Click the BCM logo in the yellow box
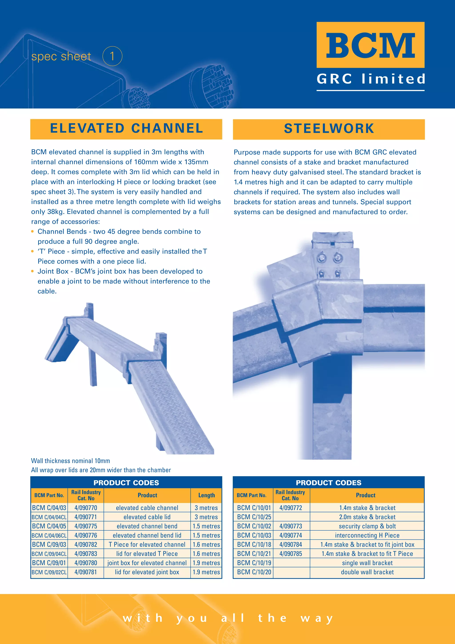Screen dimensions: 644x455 [x=370, y=45]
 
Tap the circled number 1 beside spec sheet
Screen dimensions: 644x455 [x=112, y=56]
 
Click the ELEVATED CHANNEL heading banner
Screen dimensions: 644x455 [x=126, y=129]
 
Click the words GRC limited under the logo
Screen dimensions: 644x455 [x=371, y=79]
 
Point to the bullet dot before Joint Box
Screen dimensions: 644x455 [x=32, y=271]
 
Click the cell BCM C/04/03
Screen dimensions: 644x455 [x=49, y=508]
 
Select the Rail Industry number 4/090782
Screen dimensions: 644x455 [x=86, y=544]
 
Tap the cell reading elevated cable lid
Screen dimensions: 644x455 [x=147, y=517]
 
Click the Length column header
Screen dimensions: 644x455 [x=206, y=495]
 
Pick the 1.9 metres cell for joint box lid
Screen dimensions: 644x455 [x=206, y=572]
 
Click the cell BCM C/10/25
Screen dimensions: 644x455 [x=254, y=517]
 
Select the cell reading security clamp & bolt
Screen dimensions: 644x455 [x=367, y=526]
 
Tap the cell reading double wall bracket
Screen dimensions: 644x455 [x=367, y=572]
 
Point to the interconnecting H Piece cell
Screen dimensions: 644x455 [x=367, y=535]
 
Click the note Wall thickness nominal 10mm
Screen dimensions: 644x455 [x=70, y=461]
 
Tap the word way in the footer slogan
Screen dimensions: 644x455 [x=317, y=618]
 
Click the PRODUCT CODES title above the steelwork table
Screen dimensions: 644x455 [x=329, y=483]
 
